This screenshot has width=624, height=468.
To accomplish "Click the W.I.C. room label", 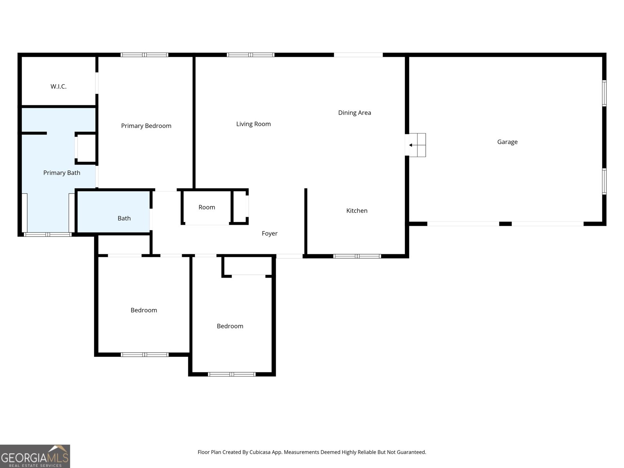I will point(58,87).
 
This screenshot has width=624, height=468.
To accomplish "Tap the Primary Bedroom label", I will point(146,126).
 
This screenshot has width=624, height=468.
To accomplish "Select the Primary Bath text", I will point(62,173).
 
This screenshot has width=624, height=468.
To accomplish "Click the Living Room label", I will point(253,124).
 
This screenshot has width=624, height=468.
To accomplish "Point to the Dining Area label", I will point(354,113).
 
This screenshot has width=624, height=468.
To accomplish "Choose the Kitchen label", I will point(356,211).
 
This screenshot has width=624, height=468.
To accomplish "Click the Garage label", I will point(507,142).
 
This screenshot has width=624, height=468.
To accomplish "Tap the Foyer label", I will point(269,234).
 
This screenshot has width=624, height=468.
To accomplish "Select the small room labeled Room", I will point(207,207).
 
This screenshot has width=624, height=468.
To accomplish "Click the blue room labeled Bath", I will point(124,218).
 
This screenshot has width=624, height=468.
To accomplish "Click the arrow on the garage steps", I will point(411,145).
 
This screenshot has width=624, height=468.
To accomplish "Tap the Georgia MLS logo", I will point(35,456).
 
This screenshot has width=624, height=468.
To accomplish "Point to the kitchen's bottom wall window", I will point(357,256).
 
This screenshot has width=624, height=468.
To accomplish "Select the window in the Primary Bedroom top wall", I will point(144,55).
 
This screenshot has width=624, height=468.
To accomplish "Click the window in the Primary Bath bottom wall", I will point(48,234).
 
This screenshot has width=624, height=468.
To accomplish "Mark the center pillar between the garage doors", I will point(505,224).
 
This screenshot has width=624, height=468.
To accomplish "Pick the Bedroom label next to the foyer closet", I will point(230,326).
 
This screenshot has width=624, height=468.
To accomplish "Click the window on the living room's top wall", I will point(251,55).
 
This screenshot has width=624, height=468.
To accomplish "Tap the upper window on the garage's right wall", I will point(604,93).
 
